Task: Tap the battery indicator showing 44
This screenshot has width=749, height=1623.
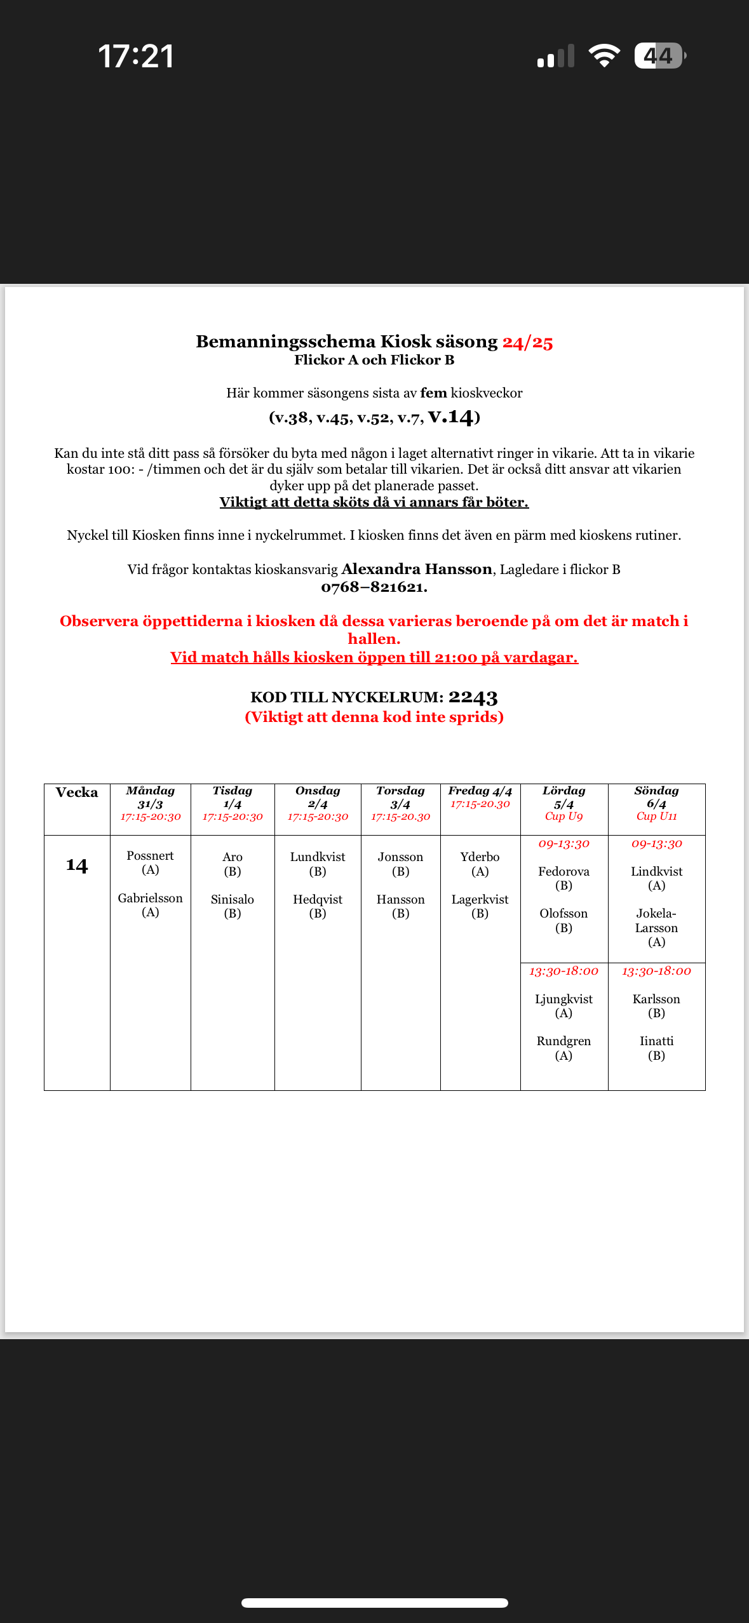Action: coord(659,56)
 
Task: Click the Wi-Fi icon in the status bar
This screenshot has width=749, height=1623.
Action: coord(604,56)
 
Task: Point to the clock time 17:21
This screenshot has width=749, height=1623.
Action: coord(136,56)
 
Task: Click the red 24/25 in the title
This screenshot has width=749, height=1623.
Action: coord(527,342)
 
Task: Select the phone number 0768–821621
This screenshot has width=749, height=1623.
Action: coord(374,587)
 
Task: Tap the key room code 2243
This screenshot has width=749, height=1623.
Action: coord(473,697)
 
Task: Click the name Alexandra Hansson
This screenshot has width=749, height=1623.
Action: coord(417,569)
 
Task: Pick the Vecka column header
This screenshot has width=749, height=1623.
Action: coord(77,792)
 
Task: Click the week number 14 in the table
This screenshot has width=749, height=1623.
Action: coord(77,865)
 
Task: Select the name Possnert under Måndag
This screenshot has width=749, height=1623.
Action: coord(150,856)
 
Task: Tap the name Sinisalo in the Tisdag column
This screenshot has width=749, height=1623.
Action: coord(233,899)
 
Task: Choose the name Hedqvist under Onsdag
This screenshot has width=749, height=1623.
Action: coord(318,899)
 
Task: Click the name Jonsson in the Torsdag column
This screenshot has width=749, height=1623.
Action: coord(400,857)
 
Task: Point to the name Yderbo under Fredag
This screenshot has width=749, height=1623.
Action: coord(480,857)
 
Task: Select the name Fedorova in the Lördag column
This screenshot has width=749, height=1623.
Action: coord(563,871)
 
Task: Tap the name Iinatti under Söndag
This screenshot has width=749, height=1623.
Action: coord(656,1041)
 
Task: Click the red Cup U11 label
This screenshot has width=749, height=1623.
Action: coord(656,817)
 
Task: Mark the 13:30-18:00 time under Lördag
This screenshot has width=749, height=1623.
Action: coord(563,972)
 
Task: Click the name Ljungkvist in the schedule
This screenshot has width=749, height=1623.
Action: coord(563,999)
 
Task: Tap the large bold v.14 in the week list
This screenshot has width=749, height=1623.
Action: coord(451,417)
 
